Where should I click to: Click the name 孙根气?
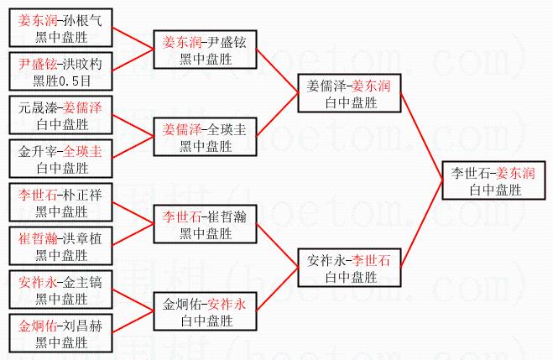point(83,21)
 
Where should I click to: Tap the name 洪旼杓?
point(83,64)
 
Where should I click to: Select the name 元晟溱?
point(38,108)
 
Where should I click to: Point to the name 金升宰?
point(38,152)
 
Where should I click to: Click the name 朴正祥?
point(83,195)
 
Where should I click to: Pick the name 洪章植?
point(83,238)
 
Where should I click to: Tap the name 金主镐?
point(83,283)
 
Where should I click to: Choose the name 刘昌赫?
point(83,326)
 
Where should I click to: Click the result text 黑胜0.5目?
point(62,81)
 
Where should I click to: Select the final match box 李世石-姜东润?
point(493,180)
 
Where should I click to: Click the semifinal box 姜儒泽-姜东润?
point(349,93)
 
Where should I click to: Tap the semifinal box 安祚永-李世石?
point(349,268)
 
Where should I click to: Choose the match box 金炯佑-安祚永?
point(206,311)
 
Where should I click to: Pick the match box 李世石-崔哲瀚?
point(206,224)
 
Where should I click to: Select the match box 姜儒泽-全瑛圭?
point(206,137)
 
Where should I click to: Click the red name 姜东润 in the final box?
point(515,173)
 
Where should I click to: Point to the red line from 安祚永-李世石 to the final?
point(422,224)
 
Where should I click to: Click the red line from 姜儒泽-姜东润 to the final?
point(422,137)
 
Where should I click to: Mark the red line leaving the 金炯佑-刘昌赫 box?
point(133,321)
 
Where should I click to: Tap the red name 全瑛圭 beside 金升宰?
point(83,152)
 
